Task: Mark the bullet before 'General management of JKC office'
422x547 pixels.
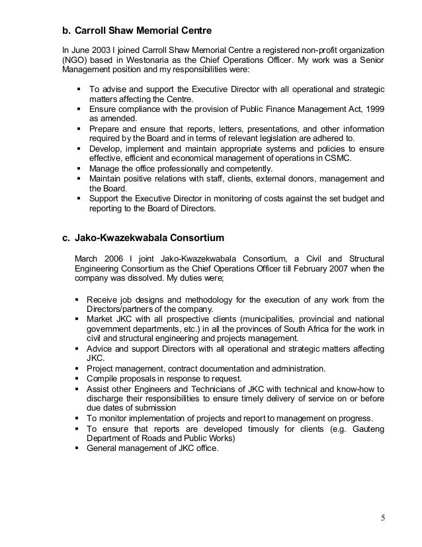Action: (x=79, y=447)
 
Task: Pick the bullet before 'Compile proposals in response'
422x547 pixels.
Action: (x=79, y=378)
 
